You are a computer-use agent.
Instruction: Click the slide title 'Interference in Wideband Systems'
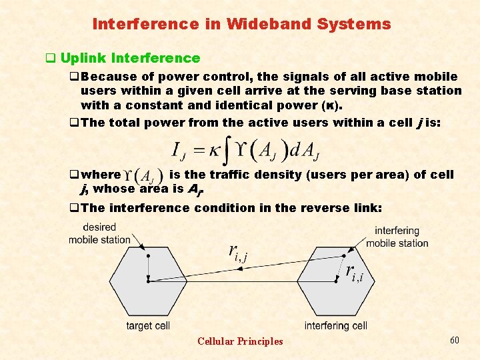pyautogui.click(x=241, y=25)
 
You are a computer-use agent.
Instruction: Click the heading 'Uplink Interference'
pyautogui.click(x=130, y=59)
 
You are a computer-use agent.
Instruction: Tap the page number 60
pyautogui.click(x=455, y=341)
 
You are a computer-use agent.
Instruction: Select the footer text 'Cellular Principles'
pyautogui.click(x=240, y=341)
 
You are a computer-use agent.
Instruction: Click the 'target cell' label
pyautogui.click(x=148, y=326)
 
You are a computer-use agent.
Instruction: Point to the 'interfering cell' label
pyautogui.click(x=336, y=326)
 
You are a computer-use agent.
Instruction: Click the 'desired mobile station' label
pyautogui.click(x=99, y=233)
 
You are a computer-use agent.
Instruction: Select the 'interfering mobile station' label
pyautogui.click(x=397, y=237)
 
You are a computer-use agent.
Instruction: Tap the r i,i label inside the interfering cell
pyautogui.click(x=354, y=271)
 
